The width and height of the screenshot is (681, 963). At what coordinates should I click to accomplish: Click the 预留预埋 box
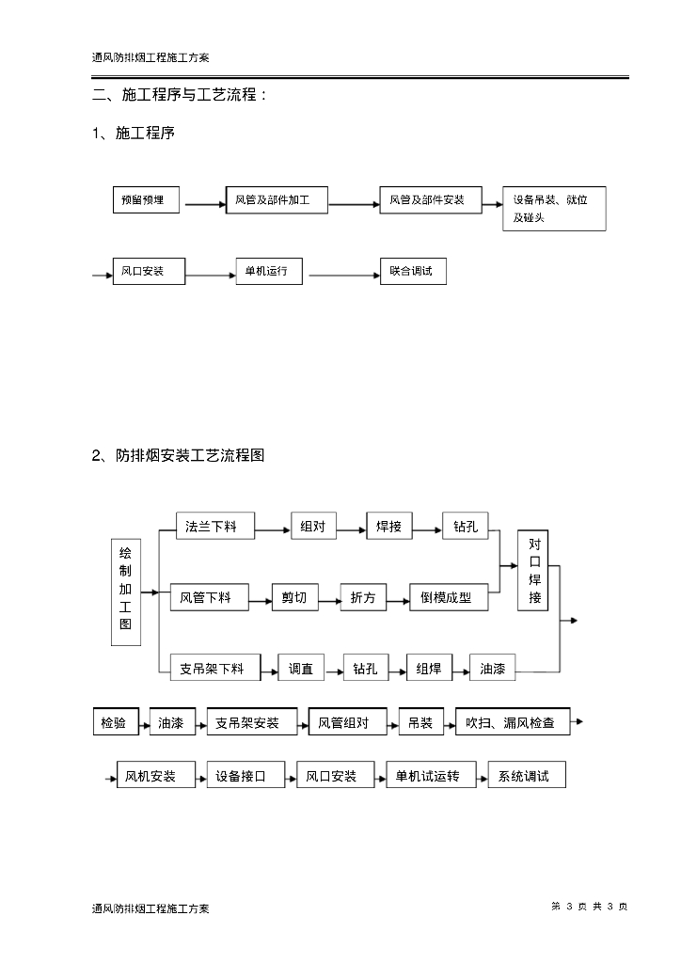tap(147, 200)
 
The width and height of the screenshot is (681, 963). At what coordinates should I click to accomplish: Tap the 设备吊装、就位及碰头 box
tap(553, 208)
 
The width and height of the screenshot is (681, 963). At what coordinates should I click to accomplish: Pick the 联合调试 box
tap(411, 271)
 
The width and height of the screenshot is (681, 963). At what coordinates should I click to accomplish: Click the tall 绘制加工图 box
tap(126, 592)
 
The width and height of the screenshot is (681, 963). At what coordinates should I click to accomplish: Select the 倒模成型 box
tap(448, 597)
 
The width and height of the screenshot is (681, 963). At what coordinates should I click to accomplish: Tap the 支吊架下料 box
tap(213, 669)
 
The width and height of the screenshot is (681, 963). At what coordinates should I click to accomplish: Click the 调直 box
tap(301, 669)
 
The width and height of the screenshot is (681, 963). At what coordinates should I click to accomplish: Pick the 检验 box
tap(115, 723)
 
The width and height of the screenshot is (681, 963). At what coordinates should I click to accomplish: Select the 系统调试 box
tap(526, 777)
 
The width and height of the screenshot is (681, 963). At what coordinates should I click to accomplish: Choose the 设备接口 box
tap(241, 777)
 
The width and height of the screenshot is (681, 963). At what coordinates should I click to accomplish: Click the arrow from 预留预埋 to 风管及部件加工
tap(203, 202)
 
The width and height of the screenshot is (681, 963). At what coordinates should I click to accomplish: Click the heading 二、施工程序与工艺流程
tap(181, 95)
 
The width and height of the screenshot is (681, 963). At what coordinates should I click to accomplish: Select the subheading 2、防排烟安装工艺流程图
tap(179, 456)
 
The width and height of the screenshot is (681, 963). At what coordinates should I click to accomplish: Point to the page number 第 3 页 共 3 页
tap(589, 907)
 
